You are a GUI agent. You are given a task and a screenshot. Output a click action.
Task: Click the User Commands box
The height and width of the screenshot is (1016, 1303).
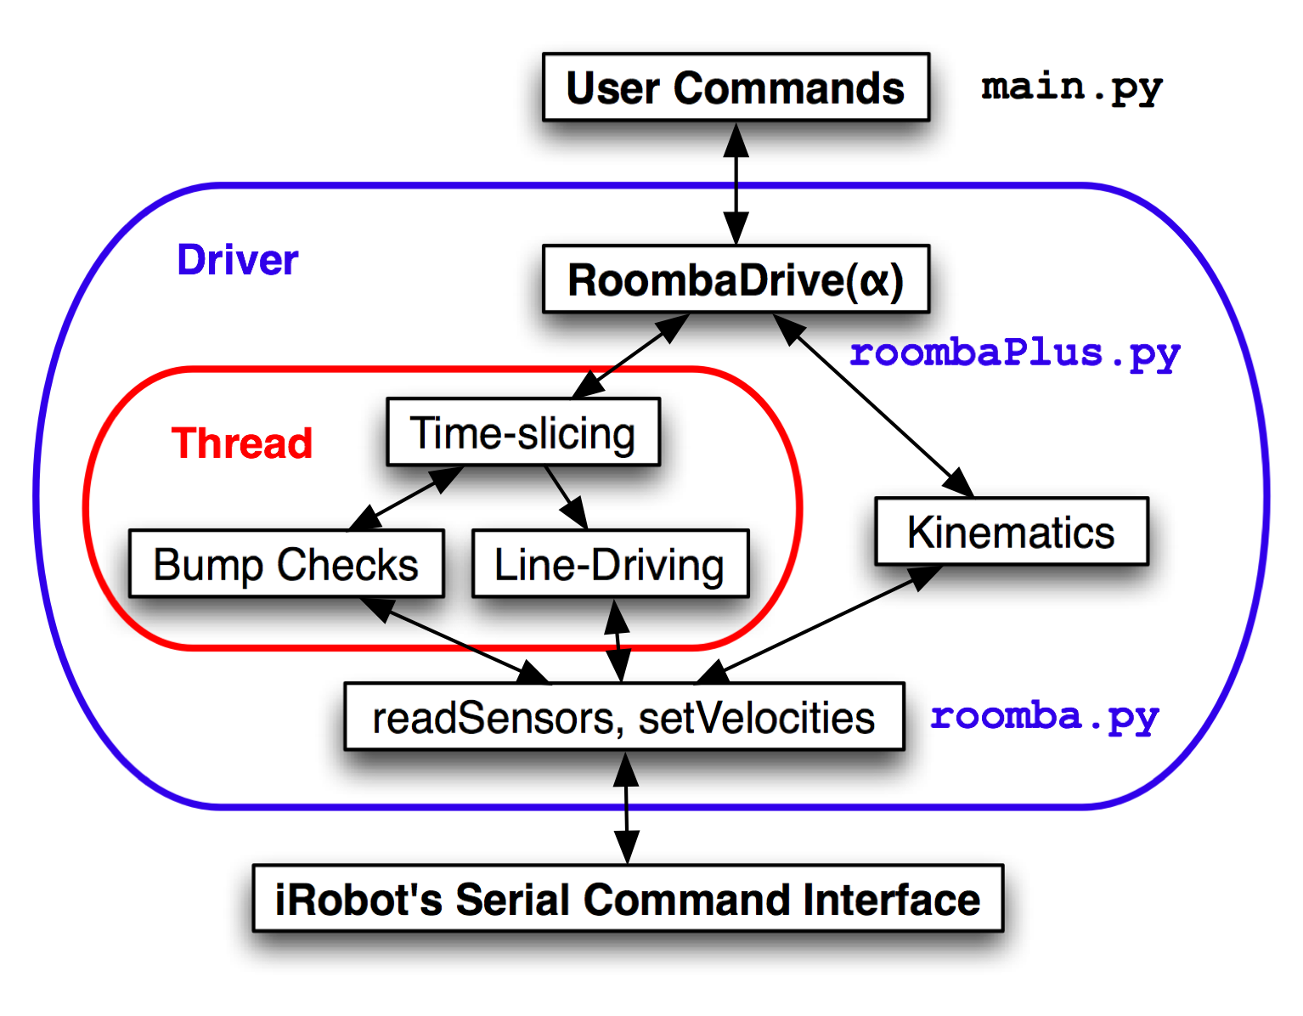(x=736, y=87)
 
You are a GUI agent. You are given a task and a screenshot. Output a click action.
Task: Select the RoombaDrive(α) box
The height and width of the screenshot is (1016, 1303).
(x=736, y=279)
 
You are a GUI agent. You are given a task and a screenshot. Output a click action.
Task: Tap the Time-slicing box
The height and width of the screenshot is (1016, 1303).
(x=523, y=432)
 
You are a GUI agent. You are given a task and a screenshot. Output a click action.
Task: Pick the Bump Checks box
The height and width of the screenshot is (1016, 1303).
(x=286, y=563)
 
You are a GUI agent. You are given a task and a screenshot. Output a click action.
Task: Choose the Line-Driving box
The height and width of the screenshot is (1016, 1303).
(x=611, y=563)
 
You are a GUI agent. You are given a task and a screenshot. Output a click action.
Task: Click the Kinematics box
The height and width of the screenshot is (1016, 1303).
(x=1012, y=531)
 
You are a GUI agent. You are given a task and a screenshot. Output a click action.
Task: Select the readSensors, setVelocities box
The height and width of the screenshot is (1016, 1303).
(x=624, y=716)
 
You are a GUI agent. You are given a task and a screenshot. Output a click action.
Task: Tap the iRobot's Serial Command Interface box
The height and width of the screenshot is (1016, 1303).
(x=628, y=898)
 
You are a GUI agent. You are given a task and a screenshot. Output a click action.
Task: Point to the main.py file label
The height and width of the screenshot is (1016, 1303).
(x=1072, y=87)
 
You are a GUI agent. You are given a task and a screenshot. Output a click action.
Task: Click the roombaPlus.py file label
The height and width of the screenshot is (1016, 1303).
(x=1015, y=353)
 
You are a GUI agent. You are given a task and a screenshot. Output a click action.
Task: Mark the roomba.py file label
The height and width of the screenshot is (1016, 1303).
(x=1044, y=717)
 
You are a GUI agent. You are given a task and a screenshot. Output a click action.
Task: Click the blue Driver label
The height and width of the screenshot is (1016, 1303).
(x=238, y=260)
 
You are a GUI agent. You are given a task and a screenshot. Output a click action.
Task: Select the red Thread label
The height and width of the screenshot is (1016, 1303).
(x=241, y=443)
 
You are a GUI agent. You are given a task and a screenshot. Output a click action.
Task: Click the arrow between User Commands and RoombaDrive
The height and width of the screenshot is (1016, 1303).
(x=736, y=183)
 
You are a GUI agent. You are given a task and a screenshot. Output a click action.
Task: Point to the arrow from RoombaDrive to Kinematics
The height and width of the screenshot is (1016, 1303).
(x=873, y=405)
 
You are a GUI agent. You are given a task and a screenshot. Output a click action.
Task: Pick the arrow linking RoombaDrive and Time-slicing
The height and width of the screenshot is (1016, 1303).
(x=630, y=355)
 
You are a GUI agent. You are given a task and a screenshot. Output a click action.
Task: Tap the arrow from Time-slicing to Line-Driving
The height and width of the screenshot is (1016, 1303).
(x=566, y=498)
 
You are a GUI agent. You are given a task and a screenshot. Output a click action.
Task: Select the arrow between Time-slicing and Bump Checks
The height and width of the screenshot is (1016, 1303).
(x=405, y=499)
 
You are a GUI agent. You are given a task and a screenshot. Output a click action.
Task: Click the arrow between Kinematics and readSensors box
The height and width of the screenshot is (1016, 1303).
(x=818, y=624)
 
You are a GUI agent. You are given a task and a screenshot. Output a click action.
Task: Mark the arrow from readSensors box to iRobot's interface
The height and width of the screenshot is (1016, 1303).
(x=627, y=807)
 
